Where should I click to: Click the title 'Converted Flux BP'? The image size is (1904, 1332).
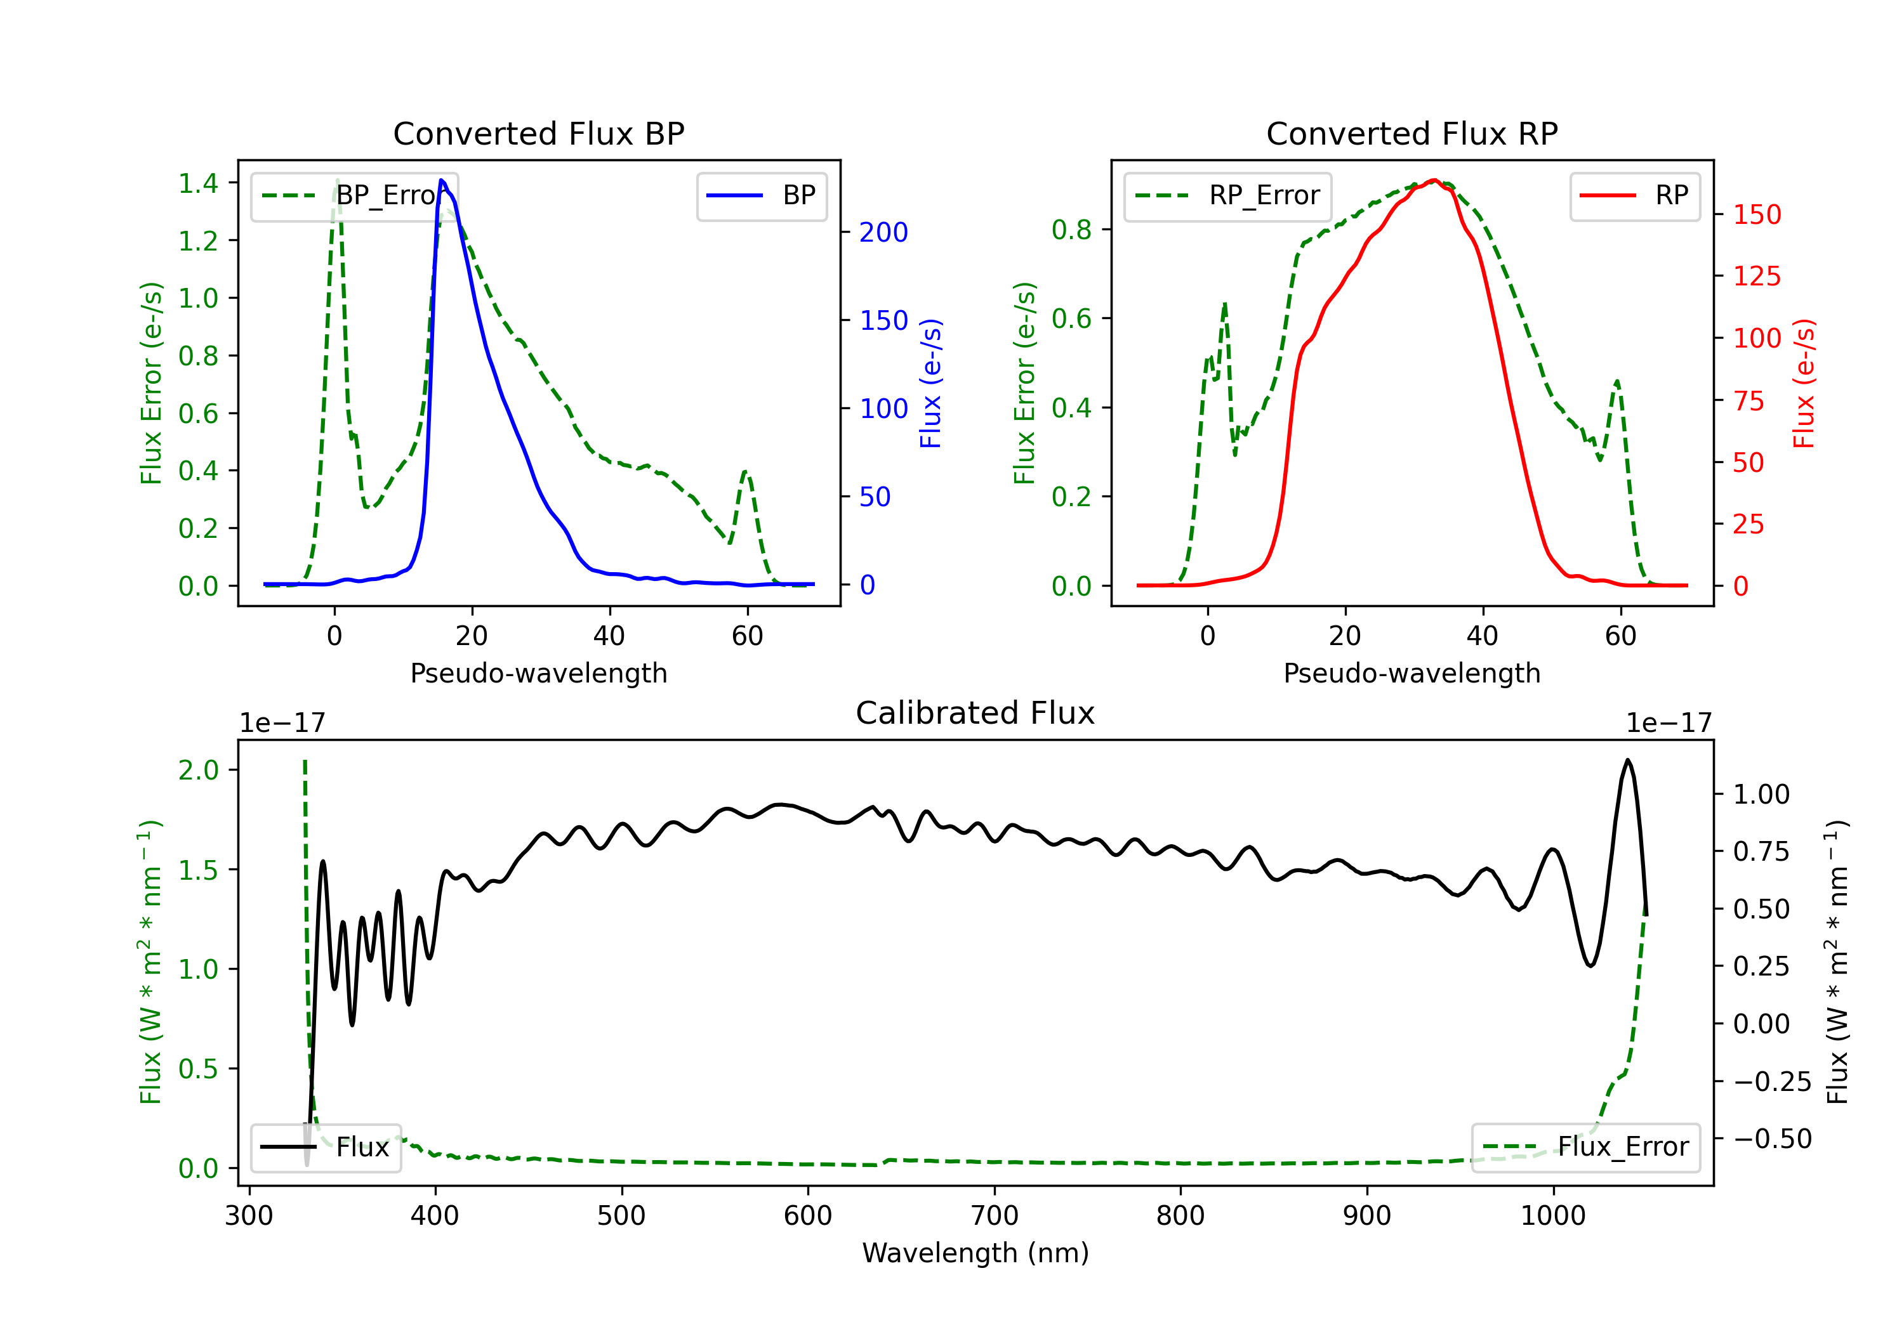coord(539,133)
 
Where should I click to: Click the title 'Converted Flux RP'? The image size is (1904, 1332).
coord(1412,133)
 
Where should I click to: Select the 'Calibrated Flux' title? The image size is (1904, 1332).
coord(975,713)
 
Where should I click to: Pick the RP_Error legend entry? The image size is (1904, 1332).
coord(1228,195)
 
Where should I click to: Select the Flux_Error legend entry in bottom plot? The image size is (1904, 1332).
coord(1585,1147)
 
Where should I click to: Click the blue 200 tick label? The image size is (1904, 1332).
coord(884,232)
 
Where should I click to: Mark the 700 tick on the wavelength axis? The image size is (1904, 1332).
coord(995,1215)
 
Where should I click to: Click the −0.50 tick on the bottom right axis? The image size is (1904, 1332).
coord(1772,1139)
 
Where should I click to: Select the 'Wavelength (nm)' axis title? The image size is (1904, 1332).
coord(975,1253)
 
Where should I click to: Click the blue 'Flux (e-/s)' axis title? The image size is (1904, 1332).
coord(930,383)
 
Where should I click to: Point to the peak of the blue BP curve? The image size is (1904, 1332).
coord(441,180)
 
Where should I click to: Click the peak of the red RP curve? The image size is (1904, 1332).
coord(1434,180)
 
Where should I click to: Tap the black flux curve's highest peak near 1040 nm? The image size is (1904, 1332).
coord(1628,760)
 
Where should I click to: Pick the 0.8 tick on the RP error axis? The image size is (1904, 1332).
coord(1071,230)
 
